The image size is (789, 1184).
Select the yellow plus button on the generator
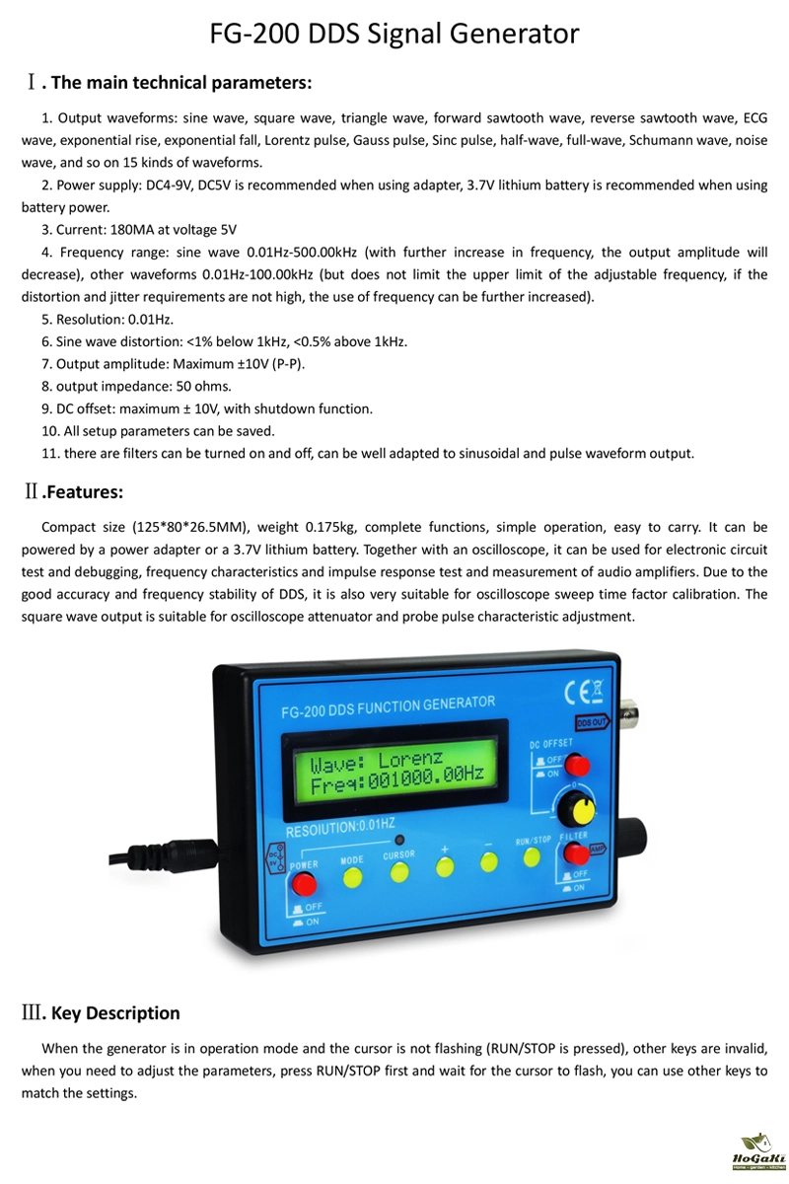[445, 866]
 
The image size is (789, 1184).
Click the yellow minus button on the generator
[489, 861]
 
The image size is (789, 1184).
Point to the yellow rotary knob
[575, 812]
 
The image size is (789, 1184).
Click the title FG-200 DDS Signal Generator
[394, 36]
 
